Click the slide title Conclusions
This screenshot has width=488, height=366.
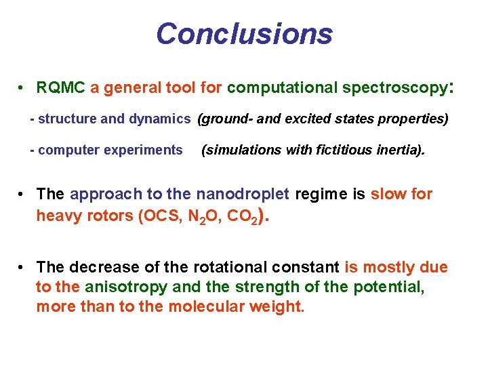pyautogui.click(x=244, y=33)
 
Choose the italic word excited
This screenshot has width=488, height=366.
pyautogui.click(x=312, y=119)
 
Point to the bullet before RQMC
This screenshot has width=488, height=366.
pyautogui.click(x=23, y=89)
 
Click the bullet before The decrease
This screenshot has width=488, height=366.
pyautogui.click(x=23, y=268)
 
